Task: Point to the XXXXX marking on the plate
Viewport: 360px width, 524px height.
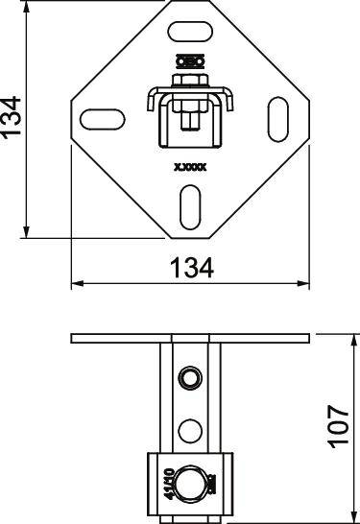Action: [x=189, y=165]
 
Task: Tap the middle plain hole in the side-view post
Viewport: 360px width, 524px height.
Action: [x=190, y=428]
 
